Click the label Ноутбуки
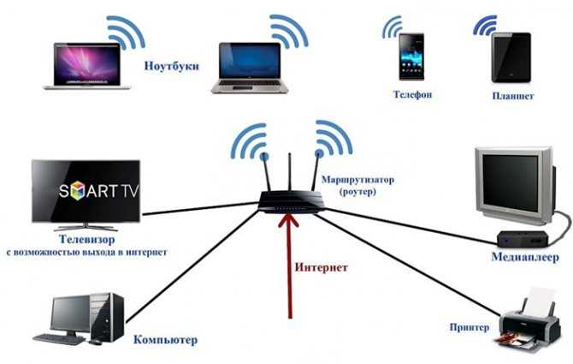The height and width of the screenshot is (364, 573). pos(171,66)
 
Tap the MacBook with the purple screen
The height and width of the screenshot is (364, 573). pos(87,66)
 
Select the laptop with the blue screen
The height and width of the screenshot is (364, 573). pos(250,68)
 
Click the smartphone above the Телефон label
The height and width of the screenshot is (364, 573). pos(411,57)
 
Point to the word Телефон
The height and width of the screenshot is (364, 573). pos(412,94)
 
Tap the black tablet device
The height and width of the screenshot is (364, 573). pos(511,57)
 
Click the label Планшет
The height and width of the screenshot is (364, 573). pos(512,96)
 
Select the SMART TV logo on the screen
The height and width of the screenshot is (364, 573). pos(99,190)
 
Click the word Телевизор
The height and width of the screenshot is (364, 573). pos(87,239)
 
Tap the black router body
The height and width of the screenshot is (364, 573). pos(292,202)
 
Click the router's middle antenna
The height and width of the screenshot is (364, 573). pos(289,172)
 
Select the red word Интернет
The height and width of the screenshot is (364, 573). pos(322,267)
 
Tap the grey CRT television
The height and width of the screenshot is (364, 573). pos(516,186)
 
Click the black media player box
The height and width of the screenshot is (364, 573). pos(523,238)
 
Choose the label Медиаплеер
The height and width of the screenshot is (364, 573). pos(525,257)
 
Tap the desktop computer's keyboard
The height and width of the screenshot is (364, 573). pos(59,339)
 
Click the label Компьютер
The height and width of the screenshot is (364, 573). pos(166,340)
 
